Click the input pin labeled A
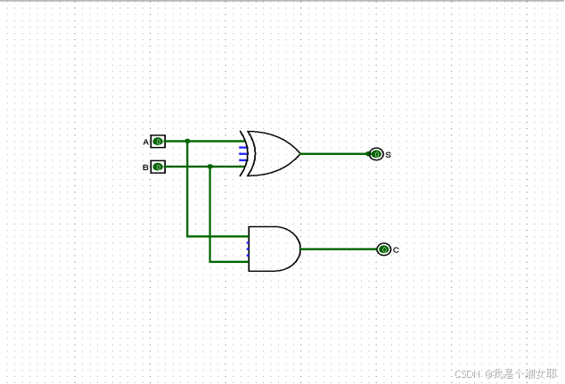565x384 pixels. click(158, 141)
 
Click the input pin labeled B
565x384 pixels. click(158, 167)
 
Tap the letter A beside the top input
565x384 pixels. click(146, 142)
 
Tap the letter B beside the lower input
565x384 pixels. click(146, 167)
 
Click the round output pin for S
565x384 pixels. click(376, 154)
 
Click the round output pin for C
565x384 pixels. click(384, 249)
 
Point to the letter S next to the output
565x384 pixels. click(389, 155)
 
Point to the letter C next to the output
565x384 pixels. click(396, 250)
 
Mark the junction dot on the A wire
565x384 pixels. click(187, 141)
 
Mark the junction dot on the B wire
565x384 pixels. click(210, 167)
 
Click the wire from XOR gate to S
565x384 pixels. click(334, 153)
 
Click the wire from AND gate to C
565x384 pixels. click(339, 249)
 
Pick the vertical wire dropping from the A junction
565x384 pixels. click(187, 192)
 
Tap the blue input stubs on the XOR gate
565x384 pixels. click(242, 153)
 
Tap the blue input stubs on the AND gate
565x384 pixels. click(248, 249)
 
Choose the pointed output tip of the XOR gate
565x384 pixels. click(299, 153)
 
